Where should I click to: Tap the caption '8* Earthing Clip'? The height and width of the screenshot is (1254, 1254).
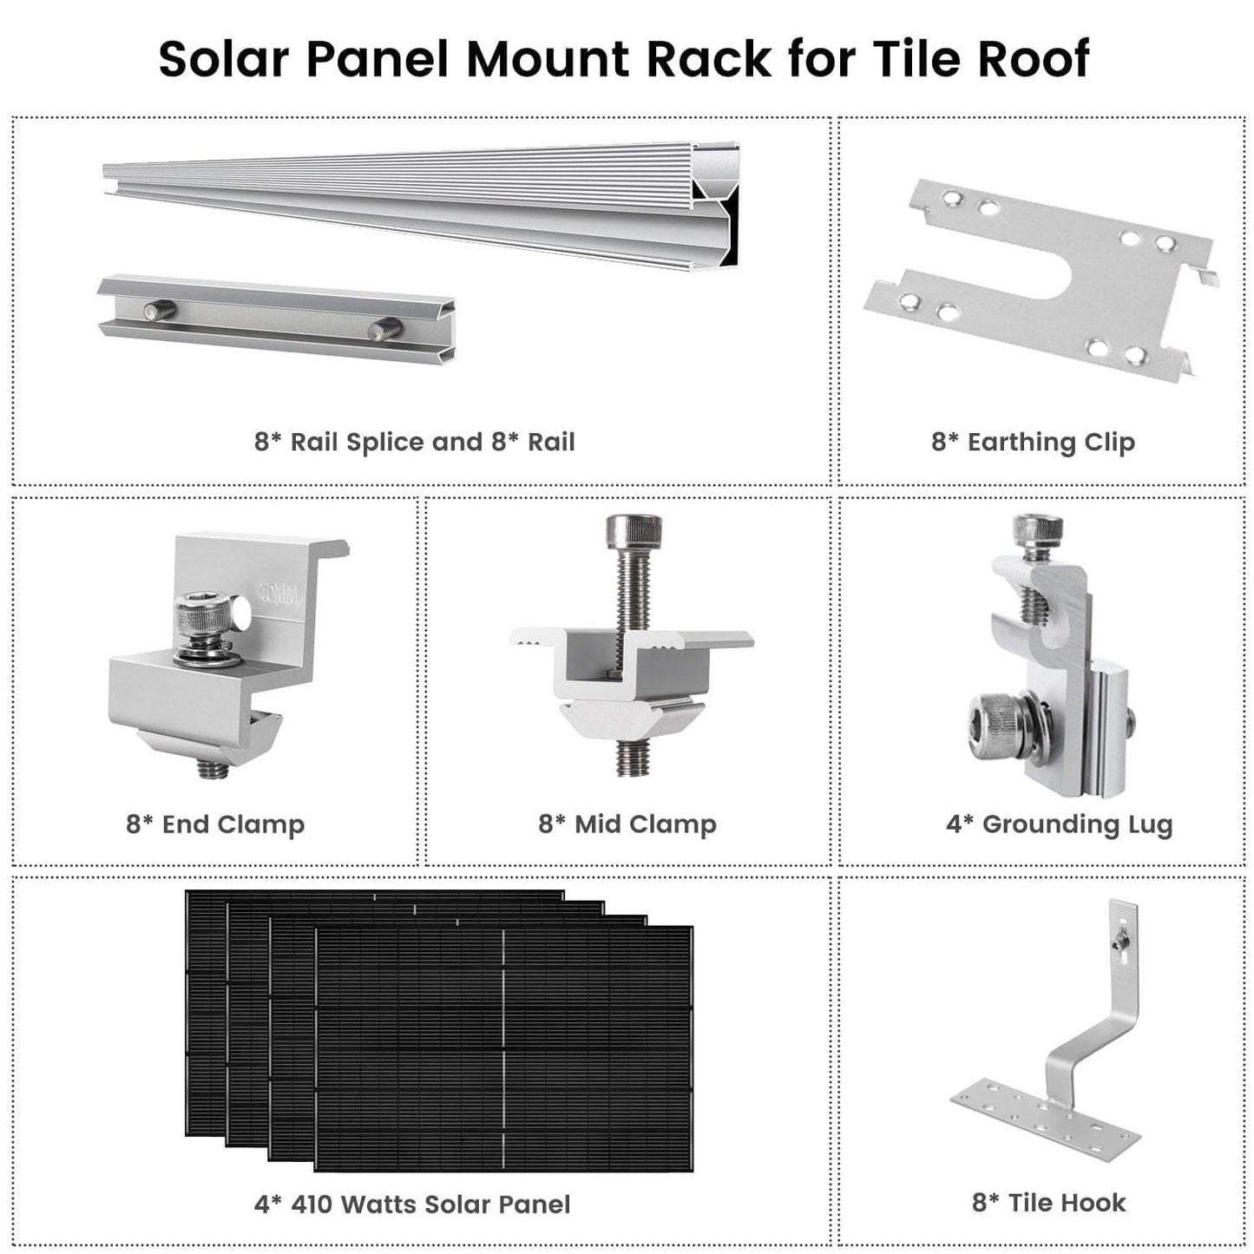[1033, 442]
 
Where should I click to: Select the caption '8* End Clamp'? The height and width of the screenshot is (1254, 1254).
[215, 824]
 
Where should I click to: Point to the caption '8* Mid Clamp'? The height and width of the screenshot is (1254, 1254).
[627, 824]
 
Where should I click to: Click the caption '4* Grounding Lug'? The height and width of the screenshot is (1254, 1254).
[1059, 824]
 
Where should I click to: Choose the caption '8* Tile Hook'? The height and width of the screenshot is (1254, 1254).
[1048, 1202]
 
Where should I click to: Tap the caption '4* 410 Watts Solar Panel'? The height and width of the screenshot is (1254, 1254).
[412, 1204]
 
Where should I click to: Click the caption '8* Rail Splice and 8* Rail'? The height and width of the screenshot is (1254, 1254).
[414, 442]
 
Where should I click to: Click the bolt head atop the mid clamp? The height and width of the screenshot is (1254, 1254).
[633, 529]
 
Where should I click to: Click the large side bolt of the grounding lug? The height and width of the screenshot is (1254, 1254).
[995, 719]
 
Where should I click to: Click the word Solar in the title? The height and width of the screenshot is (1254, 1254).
[223, 59]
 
